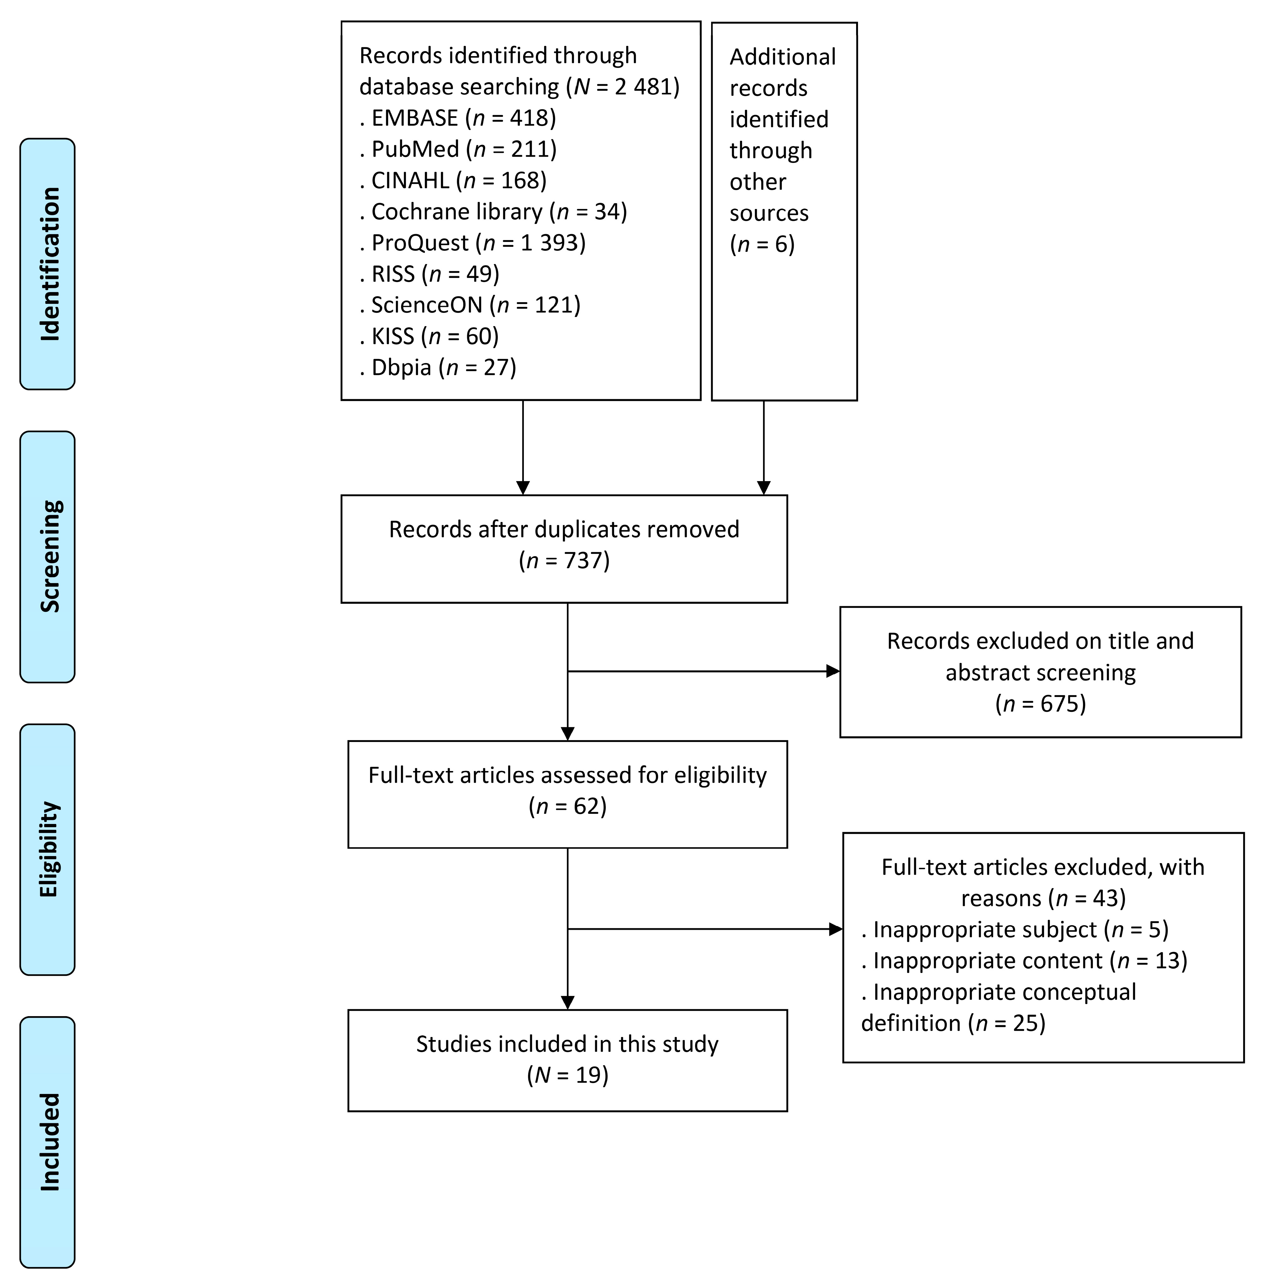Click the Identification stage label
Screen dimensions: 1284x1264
coord(48,264)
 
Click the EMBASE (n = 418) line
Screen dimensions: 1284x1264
coord(458,118)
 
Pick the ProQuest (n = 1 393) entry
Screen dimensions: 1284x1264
coord(473,243)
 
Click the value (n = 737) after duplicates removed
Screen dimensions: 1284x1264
coord(564,561)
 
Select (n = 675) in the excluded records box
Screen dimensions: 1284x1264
coord(1040,703)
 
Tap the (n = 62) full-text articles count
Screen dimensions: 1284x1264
coord(568,806)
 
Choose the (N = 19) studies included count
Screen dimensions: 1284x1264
coord(568,1075)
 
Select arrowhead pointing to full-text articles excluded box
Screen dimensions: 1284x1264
coord(836,929)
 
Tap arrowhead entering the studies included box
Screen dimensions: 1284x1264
coord(568,1003)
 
